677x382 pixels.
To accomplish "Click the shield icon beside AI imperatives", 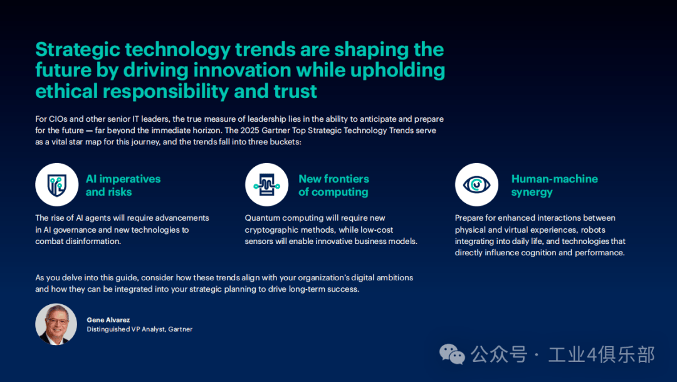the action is tap(56, 184).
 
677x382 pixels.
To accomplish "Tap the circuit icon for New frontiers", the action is tap(267, 184).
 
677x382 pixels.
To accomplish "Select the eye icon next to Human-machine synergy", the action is tap(476, 184).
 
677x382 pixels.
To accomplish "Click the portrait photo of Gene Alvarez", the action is tap(56, 324).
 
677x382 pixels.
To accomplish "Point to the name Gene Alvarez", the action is tap(108, 320).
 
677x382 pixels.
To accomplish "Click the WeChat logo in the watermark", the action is tap(452, 354).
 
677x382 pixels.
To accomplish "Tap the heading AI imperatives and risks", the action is tap(123, 186).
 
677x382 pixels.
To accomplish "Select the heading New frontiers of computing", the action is tap(333, 186).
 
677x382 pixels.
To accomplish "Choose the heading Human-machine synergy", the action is tap(554, 186).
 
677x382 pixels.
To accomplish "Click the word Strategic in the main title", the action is tap(78, 50).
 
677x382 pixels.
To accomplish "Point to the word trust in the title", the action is tap(295, 91).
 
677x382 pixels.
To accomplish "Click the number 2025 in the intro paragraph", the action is tap(250, 130).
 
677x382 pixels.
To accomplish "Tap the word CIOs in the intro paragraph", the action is tap(58, 119).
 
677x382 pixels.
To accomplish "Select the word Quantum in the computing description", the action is tap(261, 218).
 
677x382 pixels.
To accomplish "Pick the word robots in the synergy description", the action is tap(593, 230).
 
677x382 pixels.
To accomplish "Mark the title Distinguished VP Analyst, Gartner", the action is tap(139, 329).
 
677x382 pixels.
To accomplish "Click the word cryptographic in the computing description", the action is tap(272, 230).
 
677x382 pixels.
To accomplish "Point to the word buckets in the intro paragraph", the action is tap(285, 142).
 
